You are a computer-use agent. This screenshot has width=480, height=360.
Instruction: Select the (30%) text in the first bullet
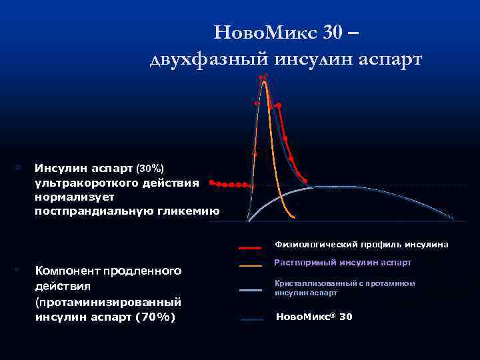tap(150, 167)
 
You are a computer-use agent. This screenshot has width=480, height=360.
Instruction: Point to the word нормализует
tap(75, 197)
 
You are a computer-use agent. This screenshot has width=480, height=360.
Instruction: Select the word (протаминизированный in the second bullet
tap(107, 301)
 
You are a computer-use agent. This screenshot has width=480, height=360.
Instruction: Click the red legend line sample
tap(251, 247)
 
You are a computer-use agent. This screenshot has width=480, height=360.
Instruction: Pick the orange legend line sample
tap(251, 266)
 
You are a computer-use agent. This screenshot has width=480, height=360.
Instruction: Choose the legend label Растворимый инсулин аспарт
tap(343, 263)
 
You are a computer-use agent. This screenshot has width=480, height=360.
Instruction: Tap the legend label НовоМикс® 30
tap(314, 317)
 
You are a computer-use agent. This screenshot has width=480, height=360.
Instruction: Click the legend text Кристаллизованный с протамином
tap(345, 283)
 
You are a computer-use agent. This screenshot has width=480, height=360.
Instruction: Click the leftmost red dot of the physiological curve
tap(211, 181)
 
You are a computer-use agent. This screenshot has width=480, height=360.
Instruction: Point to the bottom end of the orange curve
tap(293, 216)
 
